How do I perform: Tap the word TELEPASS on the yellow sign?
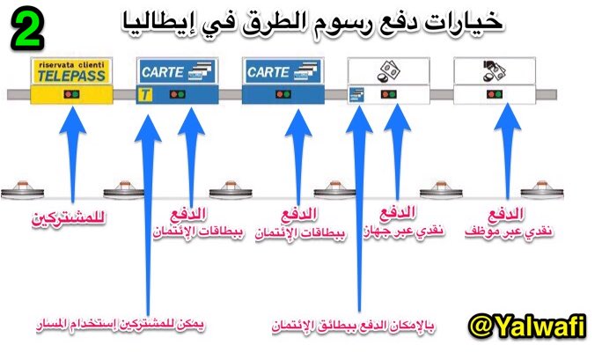click(69, 76)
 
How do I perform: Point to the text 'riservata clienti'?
click(69, 64)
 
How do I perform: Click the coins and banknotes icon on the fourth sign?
click(385, 70)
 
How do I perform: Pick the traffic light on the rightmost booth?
click(494, 94)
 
